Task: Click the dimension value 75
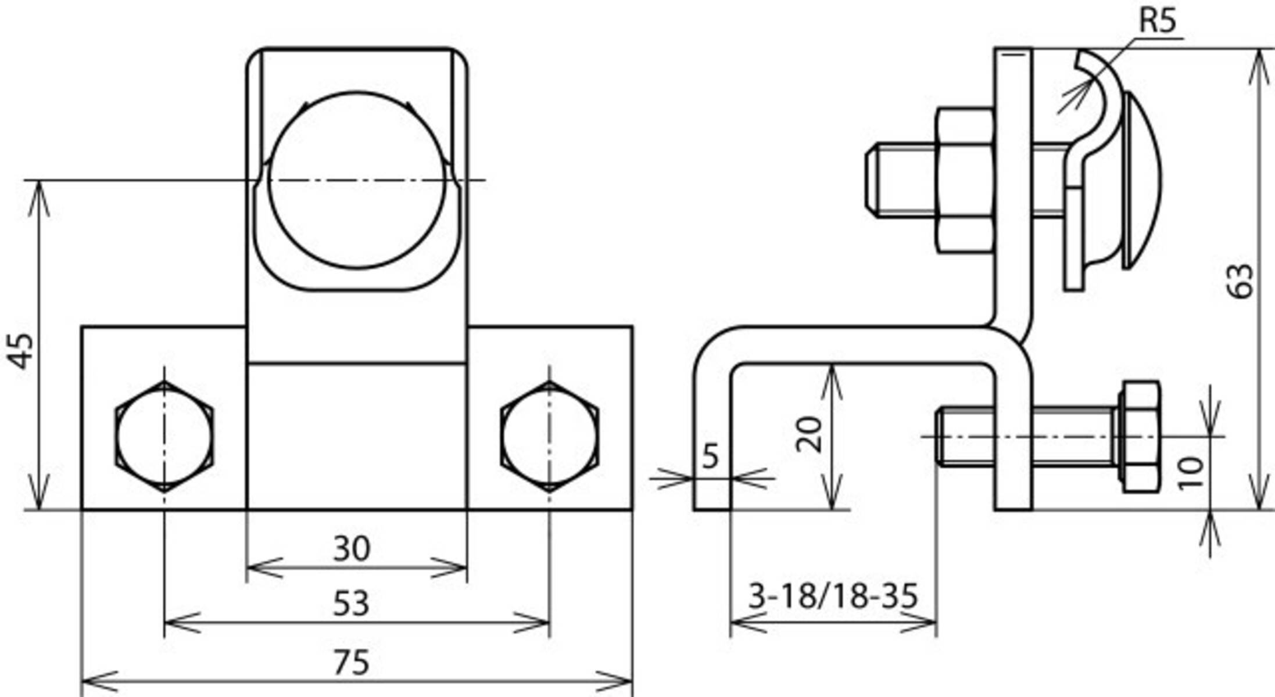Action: [351, 662]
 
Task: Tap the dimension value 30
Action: [351, 548]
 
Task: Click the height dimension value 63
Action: [1241, 281]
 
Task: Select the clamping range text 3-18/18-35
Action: [833, 596]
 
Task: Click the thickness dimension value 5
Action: [710, 456]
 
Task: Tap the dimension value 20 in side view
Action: [809, 434]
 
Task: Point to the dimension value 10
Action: [1191, 473]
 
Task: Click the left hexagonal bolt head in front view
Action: [164, 437]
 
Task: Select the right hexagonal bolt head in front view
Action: [549, 437]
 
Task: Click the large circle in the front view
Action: [357, 180]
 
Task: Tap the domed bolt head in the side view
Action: [1143, 180]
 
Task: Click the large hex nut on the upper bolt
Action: [965, 180]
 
